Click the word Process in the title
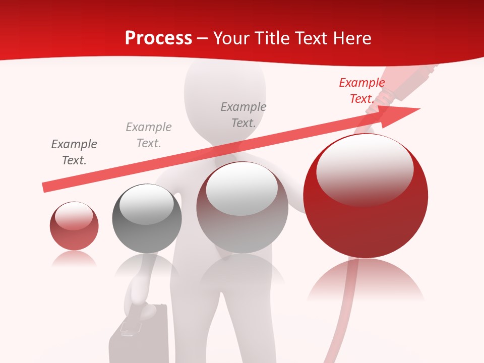158,38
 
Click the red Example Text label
361,91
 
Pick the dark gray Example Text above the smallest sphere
74,152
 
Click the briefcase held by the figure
139,335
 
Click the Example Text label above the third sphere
244,115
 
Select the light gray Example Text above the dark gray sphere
149,135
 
